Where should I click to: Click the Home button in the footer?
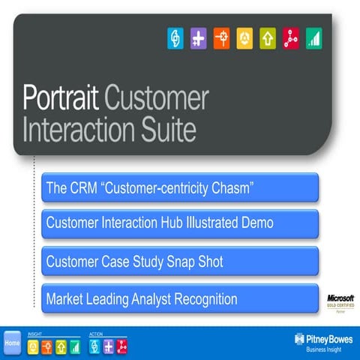coord(13,343)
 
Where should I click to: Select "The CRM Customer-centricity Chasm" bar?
coord(180,187)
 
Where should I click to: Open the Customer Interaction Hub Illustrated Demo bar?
coord(180,223)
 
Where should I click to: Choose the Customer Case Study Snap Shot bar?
coord(180,262)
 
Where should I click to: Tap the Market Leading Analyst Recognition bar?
coord(180,299)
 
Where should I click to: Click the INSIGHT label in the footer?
coord(35,333)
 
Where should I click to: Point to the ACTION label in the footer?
coord(96,333)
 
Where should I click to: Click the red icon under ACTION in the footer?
coord(121,346)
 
